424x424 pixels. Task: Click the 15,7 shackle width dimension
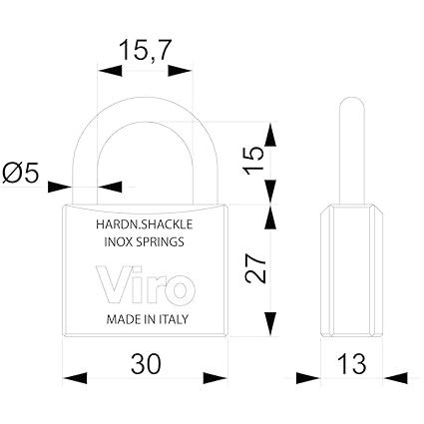click(145, 50)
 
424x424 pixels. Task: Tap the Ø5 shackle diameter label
click(21, 173)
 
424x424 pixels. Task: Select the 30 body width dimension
click(146, 363)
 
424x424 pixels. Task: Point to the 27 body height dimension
click(255, 268)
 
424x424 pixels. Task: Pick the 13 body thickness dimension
click(352, 363)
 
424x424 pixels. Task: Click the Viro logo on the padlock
click(146, 284)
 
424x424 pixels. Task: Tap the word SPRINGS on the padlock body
click(161, 241)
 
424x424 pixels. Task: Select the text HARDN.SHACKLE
click(145, 224)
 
